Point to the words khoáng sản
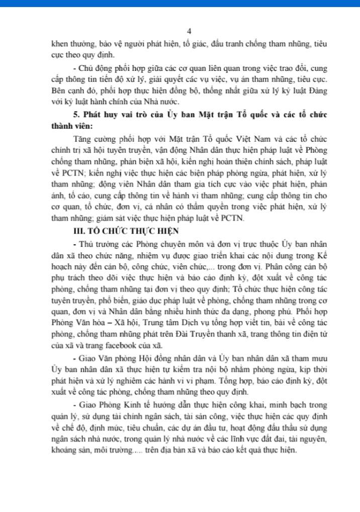(x=70, y=450)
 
